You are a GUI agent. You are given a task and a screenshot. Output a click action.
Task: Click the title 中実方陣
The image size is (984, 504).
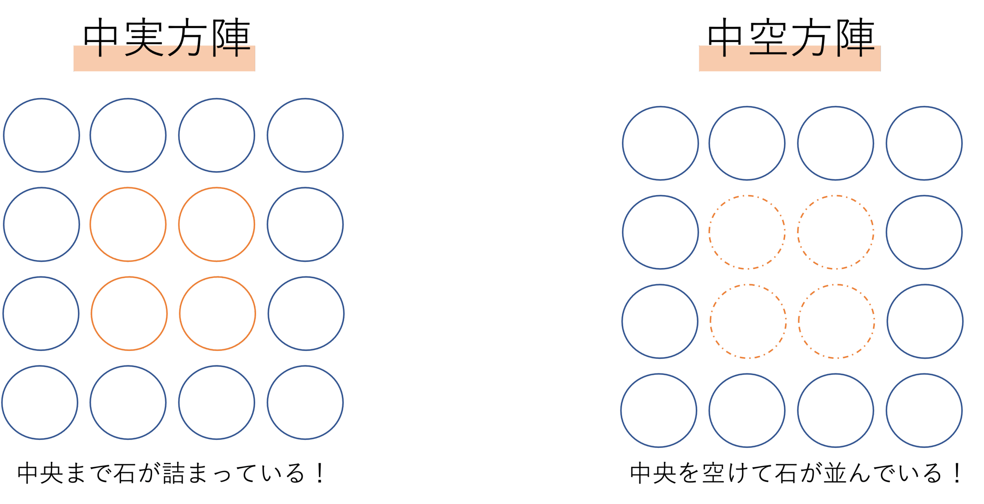click(x=167, y=37)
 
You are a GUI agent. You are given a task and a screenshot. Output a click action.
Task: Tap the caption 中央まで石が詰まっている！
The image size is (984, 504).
click(x=171, y=473)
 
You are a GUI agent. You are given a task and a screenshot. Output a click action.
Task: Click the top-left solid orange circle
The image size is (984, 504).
click(x=128, y=224)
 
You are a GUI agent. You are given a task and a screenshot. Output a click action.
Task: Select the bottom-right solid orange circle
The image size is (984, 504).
click(x=217, y=314)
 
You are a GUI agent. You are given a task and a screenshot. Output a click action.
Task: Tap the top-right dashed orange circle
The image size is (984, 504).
click(x=836, y=232)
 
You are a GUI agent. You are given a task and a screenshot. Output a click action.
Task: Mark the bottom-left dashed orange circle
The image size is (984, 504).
click(x=748, y=321)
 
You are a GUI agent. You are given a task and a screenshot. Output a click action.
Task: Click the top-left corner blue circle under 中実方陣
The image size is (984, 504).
click(x=42, y=135)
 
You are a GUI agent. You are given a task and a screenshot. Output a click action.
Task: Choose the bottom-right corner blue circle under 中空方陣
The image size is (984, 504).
click(x=924, y=410)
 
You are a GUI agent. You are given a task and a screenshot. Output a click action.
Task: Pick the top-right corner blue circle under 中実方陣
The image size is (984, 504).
click(x=305, y=135)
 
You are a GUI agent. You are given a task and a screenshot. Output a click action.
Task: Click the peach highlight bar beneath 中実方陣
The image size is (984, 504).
click(x=164, y=63)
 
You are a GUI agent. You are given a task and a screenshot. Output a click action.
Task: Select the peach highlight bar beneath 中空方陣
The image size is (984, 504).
click(x=790, y=63)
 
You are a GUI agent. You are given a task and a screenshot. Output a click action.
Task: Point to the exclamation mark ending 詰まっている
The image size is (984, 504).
click(x=319, y=473)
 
